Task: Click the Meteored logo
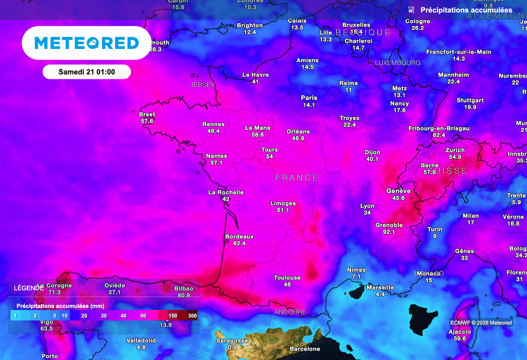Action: click(x=86, y=43)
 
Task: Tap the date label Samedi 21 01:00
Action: click(x=86, y=72)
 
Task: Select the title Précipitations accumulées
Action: click(x=466, y=10)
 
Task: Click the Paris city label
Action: click(x=309, y=98)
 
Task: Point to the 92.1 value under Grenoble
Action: click(x=389, y=232)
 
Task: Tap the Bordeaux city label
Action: click(x=239, y=237)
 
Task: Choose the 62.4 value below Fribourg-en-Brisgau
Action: click(x=438, y=135)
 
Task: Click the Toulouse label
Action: click(x=287, y=278)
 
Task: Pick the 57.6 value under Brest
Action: click(x=147, y=121)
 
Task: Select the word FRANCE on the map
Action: click(x=297, y=178)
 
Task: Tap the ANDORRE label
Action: click(x=290, y=312)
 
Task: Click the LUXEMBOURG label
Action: click(x=397, y=63)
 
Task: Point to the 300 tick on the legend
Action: click(x=192, y=315)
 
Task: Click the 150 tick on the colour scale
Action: click(x=173, y=315)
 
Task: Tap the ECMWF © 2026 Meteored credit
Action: click(x=481, y=323)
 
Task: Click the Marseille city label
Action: click(x=380, y=288)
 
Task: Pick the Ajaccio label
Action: click(x=460, y=332)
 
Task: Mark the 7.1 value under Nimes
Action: click(x=356, y=277)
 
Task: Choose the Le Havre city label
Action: click(x=255, y=75)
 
